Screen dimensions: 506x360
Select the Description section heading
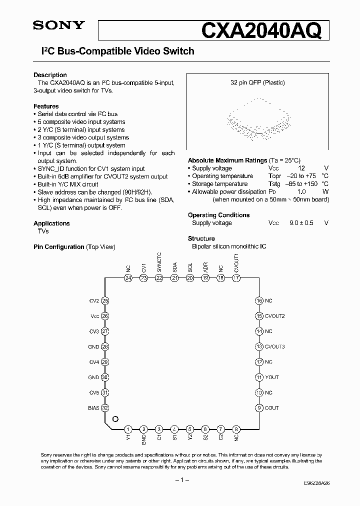coord(50,75)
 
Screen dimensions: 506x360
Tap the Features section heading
coord(46,106)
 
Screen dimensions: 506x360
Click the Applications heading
coord(51,223)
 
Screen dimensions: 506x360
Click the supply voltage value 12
coord(301,168)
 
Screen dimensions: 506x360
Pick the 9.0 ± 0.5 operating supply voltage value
coord(301,223)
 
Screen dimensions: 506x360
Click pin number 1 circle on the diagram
coord(128,429)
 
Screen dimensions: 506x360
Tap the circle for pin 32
coord(105,408)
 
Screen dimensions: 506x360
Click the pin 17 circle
coord(236,278)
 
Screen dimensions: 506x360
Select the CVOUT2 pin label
coord(275,316)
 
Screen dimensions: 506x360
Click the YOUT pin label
coord(272,377)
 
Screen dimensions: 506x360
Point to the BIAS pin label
coord(93,408)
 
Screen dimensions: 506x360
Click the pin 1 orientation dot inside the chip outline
coord(115,419)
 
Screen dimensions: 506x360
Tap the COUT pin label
coord(272,408)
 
